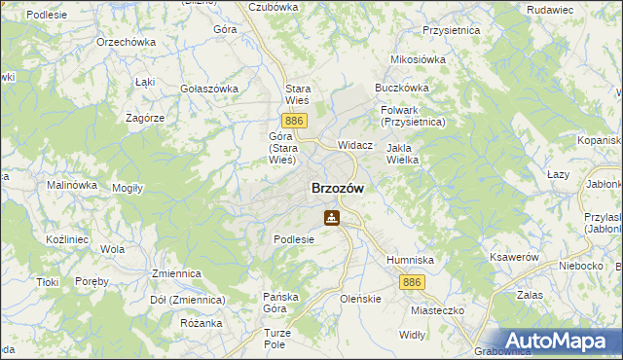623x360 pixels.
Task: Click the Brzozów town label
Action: (x=338, y=189)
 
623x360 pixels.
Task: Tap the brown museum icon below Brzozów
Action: (x=333, y=218)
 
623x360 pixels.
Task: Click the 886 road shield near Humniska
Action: (x=411, y=281)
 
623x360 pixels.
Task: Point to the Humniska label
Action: (x=410, y=261)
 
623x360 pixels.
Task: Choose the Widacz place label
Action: (x=355, y=145)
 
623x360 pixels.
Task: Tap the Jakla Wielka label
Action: (x=402, y=154)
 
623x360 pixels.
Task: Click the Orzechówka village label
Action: (x=127, y=43)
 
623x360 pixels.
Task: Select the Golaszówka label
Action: (x=209, y=89)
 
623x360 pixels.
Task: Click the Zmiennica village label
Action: (x=175, y=274)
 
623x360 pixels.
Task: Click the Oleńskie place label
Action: (x=360, y=300)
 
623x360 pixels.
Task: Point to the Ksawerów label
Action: (x=516, y=257)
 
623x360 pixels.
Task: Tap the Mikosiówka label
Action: (x=418, y=59)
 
